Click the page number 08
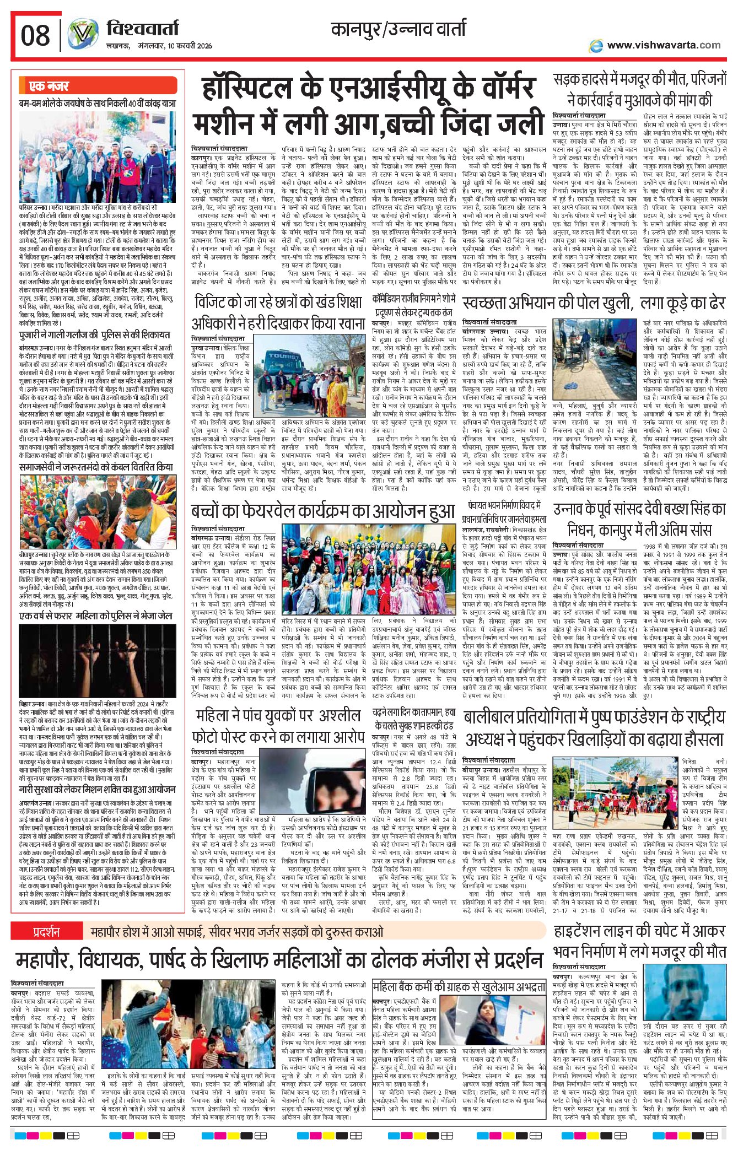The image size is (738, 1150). click(35, 36)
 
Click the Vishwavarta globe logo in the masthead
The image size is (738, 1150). click(83, 34)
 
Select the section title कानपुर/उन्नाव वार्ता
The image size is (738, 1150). click(398, 29)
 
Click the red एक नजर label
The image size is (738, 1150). click(49, 86)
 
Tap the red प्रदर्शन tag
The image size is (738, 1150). click(46, 932)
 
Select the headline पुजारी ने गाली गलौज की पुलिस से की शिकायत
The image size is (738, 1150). click(94, 334)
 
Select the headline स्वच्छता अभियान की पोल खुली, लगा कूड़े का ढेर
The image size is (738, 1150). click(594, 303)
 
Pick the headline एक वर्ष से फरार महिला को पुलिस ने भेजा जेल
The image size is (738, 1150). click(96, 615)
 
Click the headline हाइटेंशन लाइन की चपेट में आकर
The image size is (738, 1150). click(639, 931)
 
